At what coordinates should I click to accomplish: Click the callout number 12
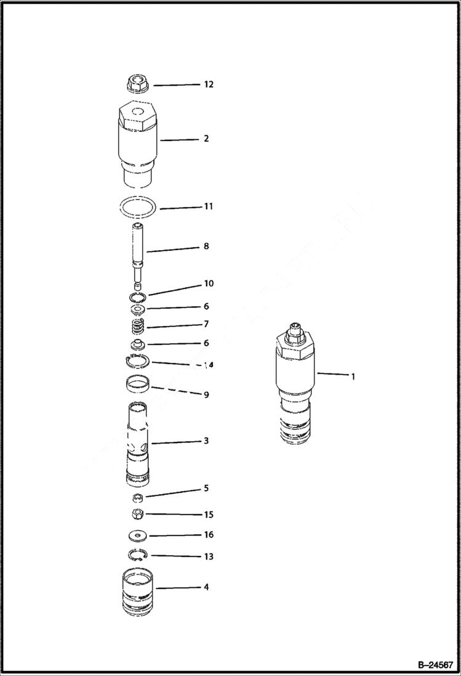coord(209,84)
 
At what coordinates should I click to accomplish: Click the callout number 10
coord(209,283)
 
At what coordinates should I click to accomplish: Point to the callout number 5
coord(206,488)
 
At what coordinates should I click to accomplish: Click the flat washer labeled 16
coord(139,535)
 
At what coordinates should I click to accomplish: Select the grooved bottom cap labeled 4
coord(138,592)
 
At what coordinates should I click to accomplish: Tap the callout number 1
coord(353,376)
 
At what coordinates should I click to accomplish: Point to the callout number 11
coord(208,206)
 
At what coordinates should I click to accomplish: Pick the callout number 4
coord(206,587)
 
